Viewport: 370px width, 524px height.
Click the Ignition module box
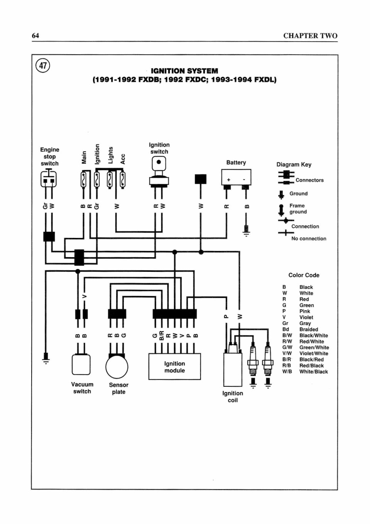click(x=175, y=367)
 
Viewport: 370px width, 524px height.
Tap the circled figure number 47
click(x=43, y=66)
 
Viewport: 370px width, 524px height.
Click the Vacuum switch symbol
click(x=81, y=365)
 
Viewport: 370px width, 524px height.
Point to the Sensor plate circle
click(x=117, y=367)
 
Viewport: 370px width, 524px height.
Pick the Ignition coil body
click(x=233, y=370)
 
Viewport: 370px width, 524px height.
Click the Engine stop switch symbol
click(x=49, y=178)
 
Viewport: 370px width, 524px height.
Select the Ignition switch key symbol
click(x=159, y=172)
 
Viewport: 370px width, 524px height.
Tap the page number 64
click(x=35, y=35)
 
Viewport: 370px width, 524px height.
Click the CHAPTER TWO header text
click(x=310, y=36)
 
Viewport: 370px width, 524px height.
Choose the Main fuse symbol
click(x=83, y=179)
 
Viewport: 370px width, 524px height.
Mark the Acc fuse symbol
click(x=122, y=179)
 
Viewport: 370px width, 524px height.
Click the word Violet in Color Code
click(x=306, y=317)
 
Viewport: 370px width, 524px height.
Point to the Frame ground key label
click(x=298, y=209)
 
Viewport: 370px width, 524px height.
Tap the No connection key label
click(x=309, y=239)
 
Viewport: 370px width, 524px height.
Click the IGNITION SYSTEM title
click(x=184, y=71)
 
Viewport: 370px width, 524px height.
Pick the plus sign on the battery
click(x=229, y=180)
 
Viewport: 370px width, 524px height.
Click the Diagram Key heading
click(x=294, y=165)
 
